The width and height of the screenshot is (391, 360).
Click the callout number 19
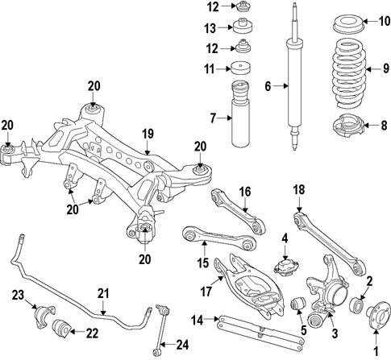148,134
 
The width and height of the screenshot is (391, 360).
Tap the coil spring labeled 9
349,73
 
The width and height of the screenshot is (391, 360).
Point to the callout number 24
182,345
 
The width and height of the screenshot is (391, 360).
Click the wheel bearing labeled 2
357,304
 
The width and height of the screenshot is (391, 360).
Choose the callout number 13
210,28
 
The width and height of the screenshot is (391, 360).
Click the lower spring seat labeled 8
348,127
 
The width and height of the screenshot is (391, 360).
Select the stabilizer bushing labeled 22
61,328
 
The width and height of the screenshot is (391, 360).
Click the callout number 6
268,86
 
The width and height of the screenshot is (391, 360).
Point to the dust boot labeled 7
240,114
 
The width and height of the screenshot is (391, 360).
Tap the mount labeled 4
286,266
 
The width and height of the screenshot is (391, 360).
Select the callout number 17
206,292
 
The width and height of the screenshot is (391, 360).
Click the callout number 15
203,263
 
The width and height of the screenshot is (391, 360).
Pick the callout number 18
299,189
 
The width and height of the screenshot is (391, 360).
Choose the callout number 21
103,293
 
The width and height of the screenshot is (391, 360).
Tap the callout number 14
198,321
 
